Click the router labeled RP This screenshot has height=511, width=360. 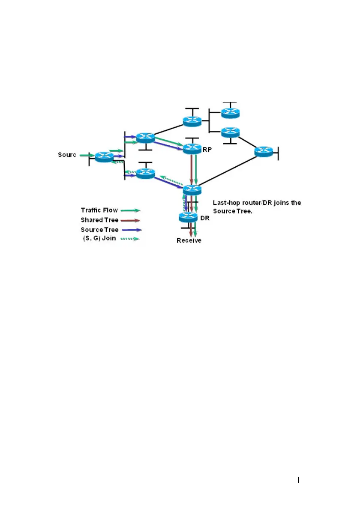coord(192,148)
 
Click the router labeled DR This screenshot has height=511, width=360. coord(188,217)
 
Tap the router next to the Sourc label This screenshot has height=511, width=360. coord(104,157)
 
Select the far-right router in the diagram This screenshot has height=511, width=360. coord(263,151)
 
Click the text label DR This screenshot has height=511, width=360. coord(205,218)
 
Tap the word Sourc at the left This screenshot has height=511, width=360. coord(67,155)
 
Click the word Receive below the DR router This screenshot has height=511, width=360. coord(189,240)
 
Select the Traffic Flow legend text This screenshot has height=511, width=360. coord(99,210)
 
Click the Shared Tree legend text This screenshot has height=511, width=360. coord(99,220)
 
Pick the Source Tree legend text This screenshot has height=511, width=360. coord(99,230)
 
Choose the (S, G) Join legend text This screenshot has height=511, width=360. coord(99,238)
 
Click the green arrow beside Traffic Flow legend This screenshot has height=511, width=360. coord(130,210)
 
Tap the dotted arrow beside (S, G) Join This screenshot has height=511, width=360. coord(130,239)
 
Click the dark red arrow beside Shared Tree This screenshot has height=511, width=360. coord(130,220)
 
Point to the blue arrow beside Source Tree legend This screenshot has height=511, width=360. coord(130,230)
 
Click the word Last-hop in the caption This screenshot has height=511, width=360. coord(225,203)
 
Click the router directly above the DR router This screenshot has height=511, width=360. coord(192,190)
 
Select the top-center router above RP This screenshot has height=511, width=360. coord(192,121)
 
